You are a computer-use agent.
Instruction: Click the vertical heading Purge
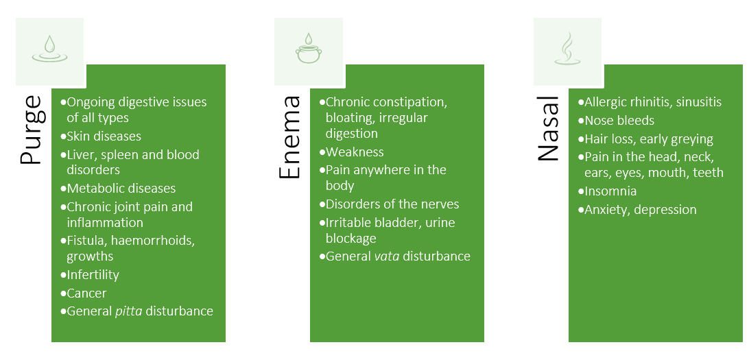tap(31, 130)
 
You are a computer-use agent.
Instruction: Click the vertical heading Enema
tap(289, 138)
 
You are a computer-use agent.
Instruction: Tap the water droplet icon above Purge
tap(49, 49)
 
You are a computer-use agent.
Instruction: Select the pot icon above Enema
tap(309, 48)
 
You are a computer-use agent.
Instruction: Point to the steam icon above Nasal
tap(567, 49)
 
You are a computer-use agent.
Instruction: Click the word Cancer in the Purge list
tap(86, 293)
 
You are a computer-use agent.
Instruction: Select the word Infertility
tap(93, 274)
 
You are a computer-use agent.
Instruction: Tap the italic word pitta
tap(128, 311)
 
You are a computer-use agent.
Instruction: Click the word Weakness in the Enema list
tap(355, 152)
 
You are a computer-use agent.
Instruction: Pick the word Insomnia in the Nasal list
tap(610, 191)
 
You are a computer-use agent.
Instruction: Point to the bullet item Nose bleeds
tap(616, 120)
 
